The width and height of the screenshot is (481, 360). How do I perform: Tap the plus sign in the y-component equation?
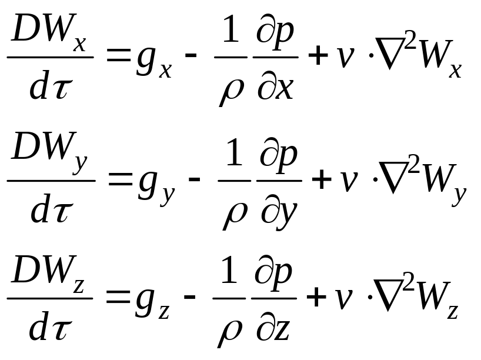(321, 179)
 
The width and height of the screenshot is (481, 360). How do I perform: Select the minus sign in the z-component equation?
(189, 296)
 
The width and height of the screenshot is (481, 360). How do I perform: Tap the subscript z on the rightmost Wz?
(452, 310)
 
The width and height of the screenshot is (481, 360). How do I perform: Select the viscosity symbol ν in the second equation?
(349, 181)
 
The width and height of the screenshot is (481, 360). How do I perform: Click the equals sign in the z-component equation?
(117, 296)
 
